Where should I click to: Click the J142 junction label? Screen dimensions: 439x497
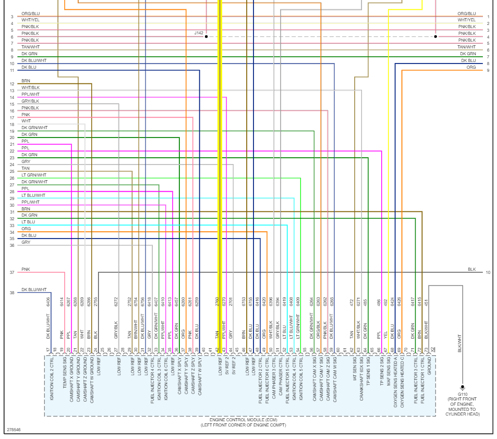pos(199,33)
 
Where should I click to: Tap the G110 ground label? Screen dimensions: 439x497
pos(462,394)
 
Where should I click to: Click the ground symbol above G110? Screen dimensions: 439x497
pos(462,387)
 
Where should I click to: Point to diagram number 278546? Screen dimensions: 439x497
pos(14,430)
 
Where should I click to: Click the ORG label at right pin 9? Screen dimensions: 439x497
pos(471,67)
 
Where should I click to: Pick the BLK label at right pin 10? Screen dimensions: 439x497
pos(471,269)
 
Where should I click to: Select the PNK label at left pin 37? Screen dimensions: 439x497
pos(26,269)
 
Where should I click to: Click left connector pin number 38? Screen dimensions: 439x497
pos(11,293)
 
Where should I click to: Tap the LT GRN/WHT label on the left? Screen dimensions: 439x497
pos(33,175)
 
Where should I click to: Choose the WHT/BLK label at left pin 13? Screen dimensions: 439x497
pos(30,87)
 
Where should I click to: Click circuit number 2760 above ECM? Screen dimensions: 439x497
pos(217,301)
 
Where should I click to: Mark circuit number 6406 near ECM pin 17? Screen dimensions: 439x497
pos(48,301)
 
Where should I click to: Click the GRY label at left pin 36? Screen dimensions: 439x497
pos(26,242)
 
